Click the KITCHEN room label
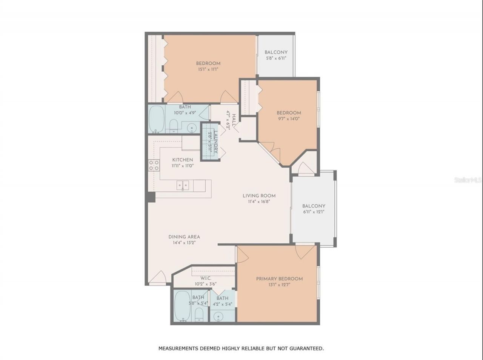point(183,160)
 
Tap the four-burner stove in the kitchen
point(154,165)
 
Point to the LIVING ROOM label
point(259,195)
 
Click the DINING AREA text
point(184,237)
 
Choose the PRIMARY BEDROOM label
point(279,278)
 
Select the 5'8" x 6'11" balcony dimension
point(276,58)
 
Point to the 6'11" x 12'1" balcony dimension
point(314,212)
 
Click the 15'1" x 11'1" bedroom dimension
point(208,69)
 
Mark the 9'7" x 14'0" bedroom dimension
point(289,118)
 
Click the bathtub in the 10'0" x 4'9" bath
point(157,118)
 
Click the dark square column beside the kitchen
point(151,197)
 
